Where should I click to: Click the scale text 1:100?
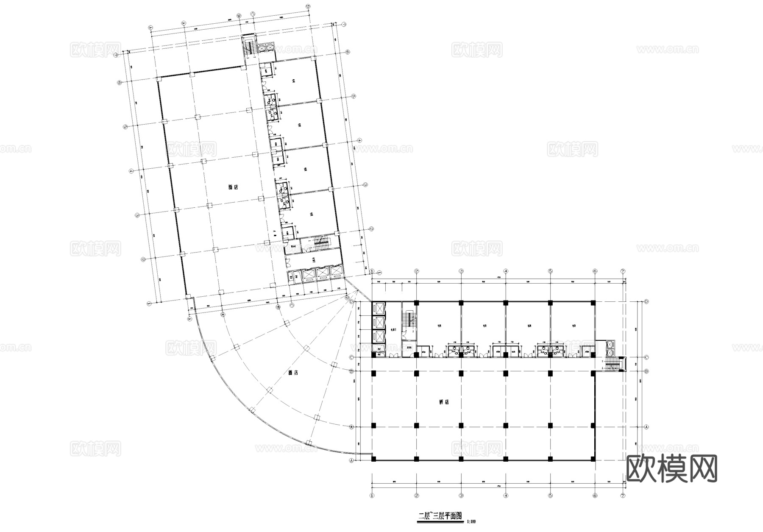point(471,522)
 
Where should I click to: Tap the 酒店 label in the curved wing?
point(293,373)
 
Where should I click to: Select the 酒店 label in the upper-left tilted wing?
point(233,187)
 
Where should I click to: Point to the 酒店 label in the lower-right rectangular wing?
point(444,402)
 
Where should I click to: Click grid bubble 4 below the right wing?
point(506,495)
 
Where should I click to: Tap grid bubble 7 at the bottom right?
point(623,495)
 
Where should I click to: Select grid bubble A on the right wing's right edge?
point(646,427)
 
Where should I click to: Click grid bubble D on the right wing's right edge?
point(646,302)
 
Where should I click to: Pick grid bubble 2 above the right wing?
point(417,271)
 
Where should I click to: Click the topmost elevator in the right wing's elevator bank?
point(378,308)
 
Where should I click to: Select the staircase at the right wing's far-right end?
point(611,364)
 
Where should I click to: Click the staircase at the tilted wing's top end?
point(248,45)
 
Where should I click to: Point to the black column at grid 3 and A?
point(461,426)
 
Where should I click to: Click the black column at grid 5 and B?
point(550,373)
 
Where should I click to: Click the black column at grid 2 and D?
point(417,303)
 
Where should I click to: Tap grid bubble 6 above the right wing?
point(595,271)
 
